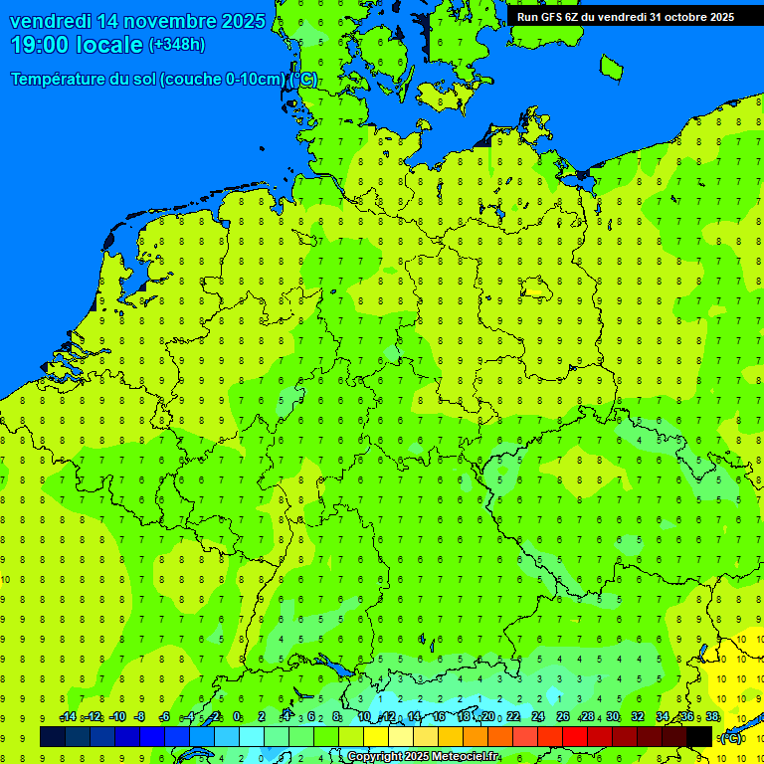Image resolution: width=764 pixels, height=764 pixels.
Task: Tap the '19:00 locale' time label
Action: click(x=77, y=45)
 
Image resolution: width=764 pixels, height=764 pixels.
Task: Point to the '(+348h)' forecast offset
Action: click(x=177, y=45)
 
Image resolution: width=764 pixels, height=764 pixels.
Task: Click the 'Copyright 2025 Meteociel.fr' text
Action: click(x=423, y=757)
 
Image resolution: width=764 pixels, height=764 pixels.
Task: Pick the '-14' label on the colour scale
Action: click(x=68, y=717)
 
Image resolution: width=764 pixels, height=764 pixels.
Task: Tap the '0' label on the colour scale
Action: click(x=237, y=717)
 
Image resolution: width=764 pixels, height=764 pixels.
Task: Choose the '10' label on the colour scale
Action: click(x=364, y=717)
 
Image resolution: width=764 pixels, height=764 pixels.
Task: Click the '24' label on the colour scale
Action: click(x=538, y=717)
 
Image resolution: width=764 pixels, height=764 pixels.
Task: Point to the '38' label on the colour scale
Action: click(x=712, y=717)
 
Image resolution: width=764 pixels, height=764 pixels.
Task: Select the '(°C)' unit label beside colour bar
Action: click(x=730, y=737)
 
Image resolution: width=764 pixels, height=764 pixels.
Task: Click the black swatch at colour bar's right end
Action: click(x=699, y=737)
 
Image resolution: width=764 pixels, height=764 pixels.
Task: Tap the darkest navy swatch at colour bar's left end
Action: click(x=53, y=737)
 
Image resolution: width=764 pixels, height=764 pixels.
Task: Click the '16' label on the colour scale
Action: click(x=439, y=717)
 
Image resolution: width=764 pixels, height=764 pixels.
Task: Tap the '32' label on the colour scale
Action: click(x=638, y=717)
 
